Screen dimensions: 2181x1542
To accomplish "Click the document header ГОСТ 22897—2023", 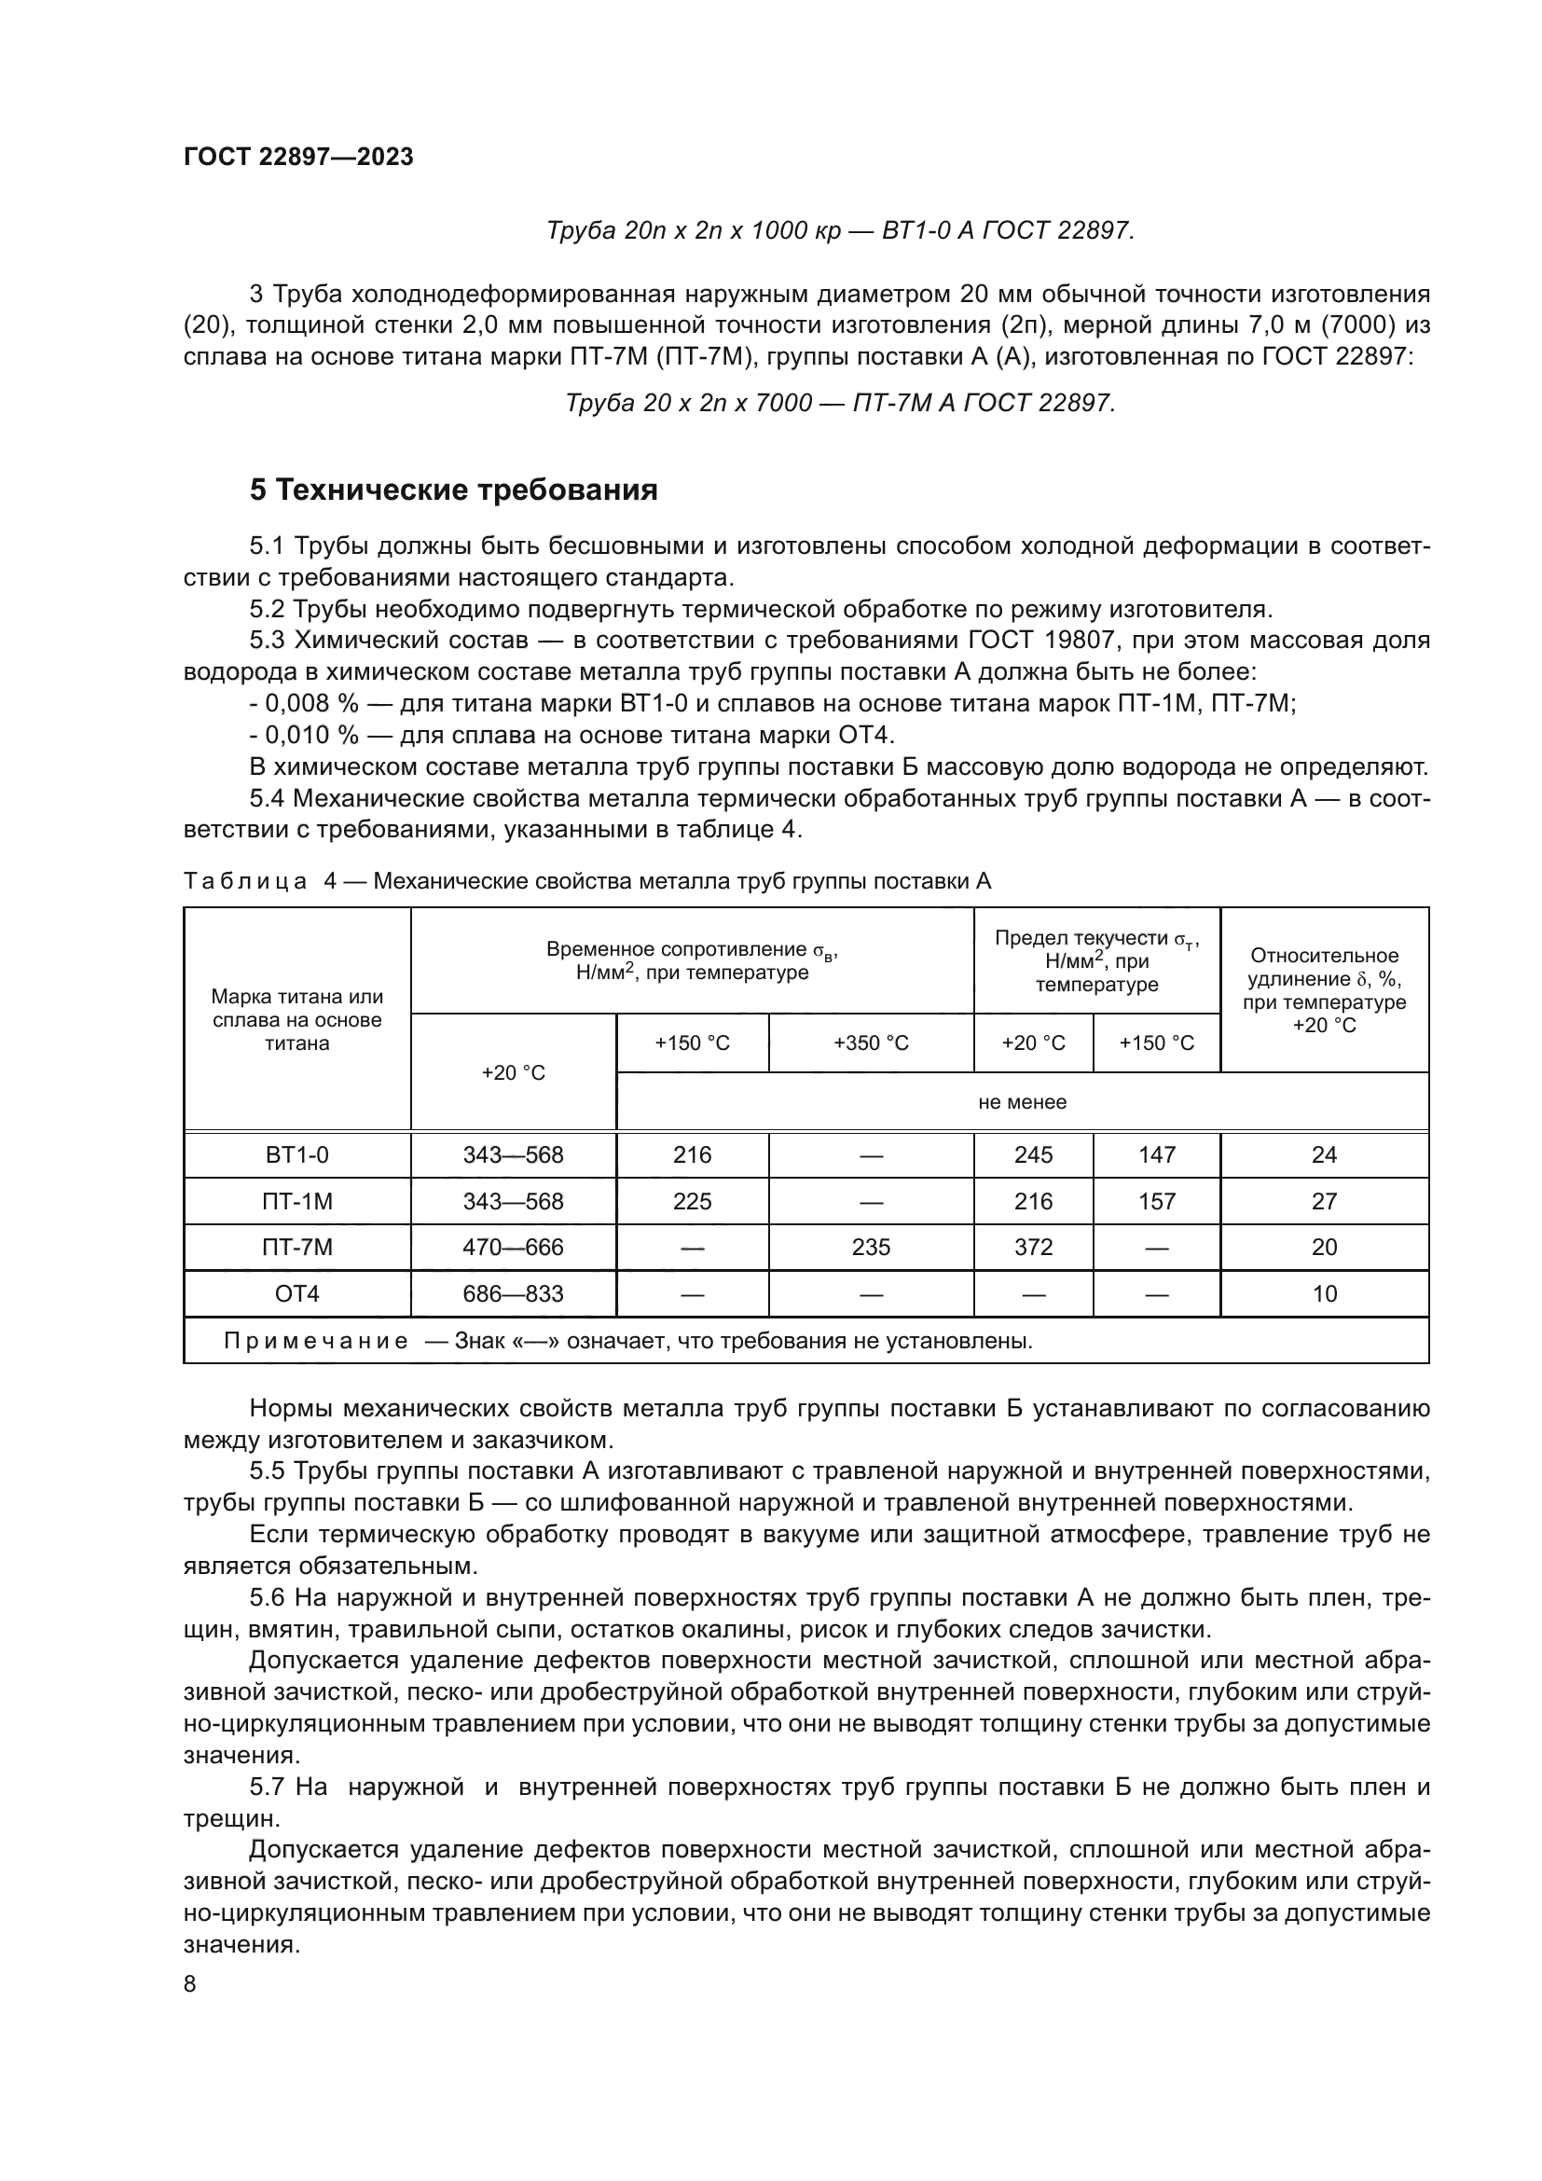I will click(298, 158).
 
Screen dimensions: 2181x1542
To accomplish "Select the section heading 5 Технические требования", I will click(454, 490).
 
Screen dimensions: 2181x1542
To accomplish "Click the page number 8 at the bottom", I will click(190, 1984).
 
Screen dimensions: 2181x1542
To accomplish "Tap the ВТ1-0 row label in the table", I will click(297, 1155).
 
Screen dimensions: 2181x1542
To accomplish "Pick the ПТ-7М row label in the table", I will click(297, 1248).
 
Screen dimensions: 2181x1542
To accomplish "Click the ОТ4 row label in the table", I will click(297, 1294).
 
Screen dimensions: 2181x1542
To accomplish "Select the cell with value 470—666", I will click(513, 1248).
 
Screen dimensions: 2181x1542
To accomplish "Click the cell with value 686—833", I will click(513, 1294).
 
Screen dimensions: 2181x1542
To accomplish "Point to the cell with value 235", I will click(871, 1248).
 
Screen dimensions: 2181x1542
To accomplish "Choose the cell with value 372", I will click(1033, 1248).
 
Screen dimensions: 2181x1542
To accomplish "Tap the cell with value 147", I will click(1156, 1155).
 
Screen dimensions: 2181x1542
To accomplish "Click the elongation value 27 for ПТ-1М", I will click(1324, 1202).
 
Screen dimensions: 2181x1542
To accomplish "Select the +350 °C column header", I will click(871, 1043).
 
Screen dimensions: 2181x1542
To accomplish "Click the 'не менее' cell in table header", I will click(1023, 1102).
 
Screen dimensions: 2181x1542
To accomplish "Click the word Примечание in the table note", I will click(316, 1341).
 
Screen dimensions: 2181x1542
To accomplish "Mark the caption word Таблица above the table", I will click(245, 881).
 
